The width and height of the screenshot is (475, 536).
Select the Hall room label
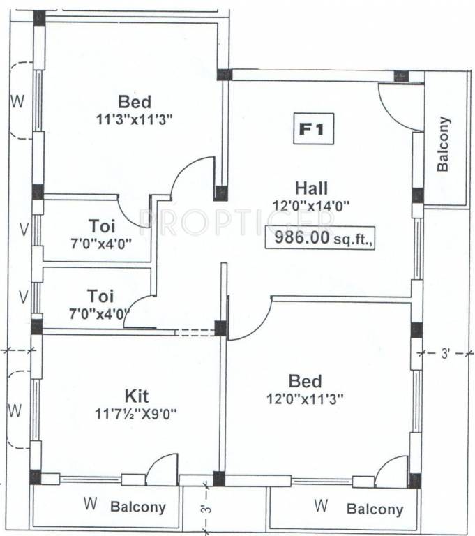pos(311,188)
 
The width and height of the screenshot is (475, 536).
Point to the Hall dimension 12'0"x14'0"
pos(311,205)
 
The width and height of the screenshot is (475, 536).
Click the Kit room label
pos(137,396)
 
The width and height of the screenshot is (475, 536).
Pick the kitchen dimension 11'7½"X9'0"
pos(137,412)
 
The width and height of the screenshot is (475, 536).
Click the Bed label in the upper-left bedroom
pos(135,102)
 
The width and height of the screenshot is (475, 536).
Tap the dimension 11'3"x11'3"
pos(135,119)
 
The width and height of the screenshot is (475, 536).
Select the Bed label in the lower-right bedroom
pos(306,381)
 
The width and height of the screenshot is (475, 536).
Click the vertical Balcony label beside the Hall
pos(443,144)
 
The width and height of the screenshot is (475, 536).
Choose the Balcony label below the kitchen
pos(138,507)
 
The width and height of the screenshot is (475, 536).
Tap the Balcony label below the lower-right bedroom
pos(375,509)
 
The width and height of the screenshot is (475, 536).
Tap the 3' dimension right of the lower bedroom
pos(447,354)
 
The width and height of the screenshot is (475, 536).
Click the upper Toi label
pos(102,226)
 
